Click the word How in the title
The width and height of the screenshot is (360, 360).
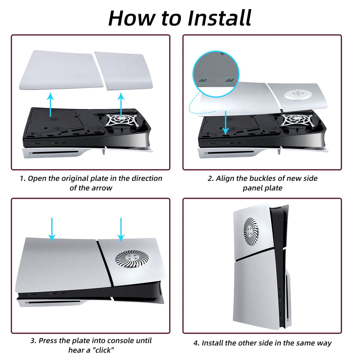point(133,18)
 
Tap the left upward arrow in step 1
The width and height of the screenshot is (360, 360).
point(51,104)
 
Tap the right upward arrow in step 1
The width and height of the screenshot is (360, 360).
point(121,105)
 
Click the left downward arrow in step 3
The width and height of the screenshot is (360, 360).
point(52,230)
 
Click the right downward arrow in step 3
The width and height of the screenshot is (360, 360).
point(121,230)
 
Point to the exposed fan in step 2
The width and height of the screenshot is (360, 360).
point(296,120)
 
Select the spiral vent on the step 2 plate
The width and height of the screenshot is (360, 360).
point(298,94)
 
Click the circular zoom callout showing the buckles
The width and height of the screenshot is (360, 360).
point(216,74)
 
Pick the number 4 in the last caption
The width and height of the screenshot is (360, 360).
point(196,343)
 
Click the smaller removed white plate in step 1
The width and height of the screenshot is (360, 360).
point(123,71)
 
